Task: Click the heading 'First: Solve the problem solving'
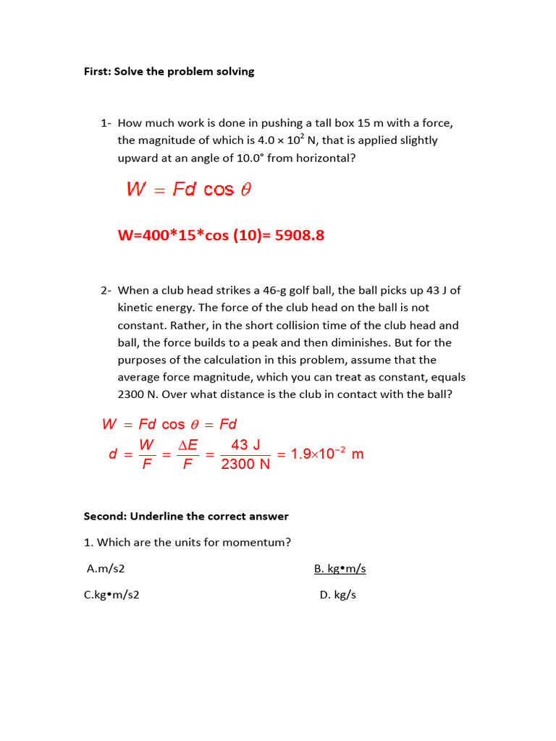(x=169, y=72)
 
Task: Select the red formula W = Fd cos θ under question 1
(x=189, y=190)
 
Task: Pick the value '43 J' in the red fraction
(x=245, y=445)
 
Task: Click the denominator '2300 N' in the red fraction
(x=245, y=465)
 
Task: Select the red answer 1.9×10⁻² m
(x=327, y=454)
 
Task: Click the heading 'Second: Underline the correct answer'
(x=186, y=516)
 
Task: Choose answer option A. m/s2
(x=101, y=569)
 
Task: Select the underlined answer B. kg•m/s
(x=340, y=569)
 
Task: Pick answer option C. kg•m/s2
(x=111, y=596)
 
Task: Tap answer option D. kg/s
(x=338, y=596)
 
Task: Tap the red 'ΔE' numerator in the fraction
(x=188, y=445)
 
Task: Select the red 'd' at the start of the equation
(x=112, y=454)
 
